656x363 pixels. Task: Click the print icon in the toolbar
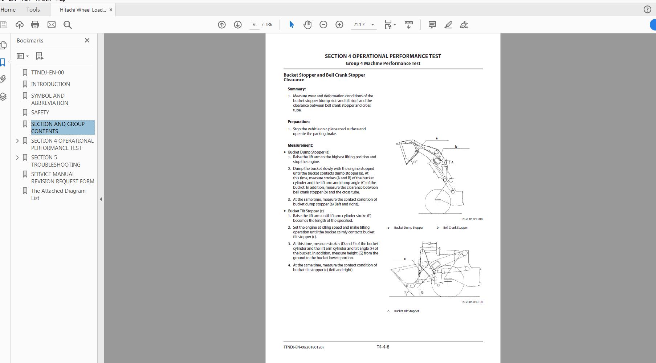[x=35, y=25]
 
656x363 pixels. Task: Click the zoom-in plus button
[x=339, y=25]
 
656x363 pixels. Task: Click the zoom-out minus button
[x=323, y=25]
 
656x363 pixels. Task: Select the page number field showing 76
[x=254, y=25]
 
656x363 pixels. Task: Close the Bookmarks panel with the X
[x=87, y=40]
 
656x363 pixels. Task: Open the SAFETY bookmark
[x=40, y=113]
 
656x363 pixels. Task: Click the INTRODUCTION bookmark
[x=50, y=84]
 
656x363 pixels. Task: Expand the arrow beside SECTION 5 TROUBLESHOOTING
[x=17, y=158]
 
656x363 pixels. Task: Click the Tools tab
[x=33, y=10]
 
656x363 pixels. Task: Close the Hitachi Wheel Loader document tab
[x=111, y=10]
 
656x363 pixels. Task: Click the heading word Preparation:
[x=298, y=122]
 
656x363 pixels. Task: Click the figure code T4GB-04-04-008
[x=472, y=219]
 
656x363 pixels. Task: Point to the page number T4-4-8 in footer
[x=383, y=347]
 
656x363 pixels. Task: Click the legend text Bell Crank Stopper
[x=455, y=228]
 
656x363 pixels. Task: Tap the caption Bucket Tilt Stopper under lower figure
[x=406, y=311]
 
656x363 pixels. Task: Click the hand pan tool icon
[x=307, y=25]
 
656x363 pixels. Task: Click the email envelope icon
[x=52, y=25]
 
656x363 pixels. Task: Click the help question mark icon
[x=647, y=10]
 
